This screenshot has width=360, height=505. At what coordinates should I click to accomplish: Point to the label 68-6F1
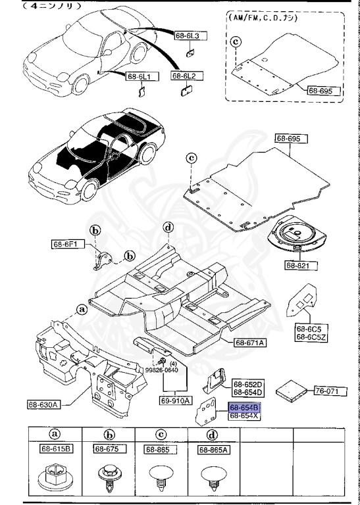click(66, 245)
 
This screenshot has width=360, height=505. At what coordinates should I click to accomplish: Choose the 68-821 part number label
click(301, 265)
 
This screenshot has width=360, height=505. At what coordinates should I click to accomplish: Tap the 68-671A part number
click(250, 342)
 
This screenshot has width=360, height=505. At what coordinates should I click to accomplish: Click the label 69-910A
click(174, 400)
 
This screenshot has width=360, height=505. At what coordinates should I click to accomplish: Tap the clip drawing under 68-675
click(107, 475)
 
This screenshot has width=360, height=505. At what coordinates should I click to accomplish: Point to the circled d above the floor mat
click(168, 228)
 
